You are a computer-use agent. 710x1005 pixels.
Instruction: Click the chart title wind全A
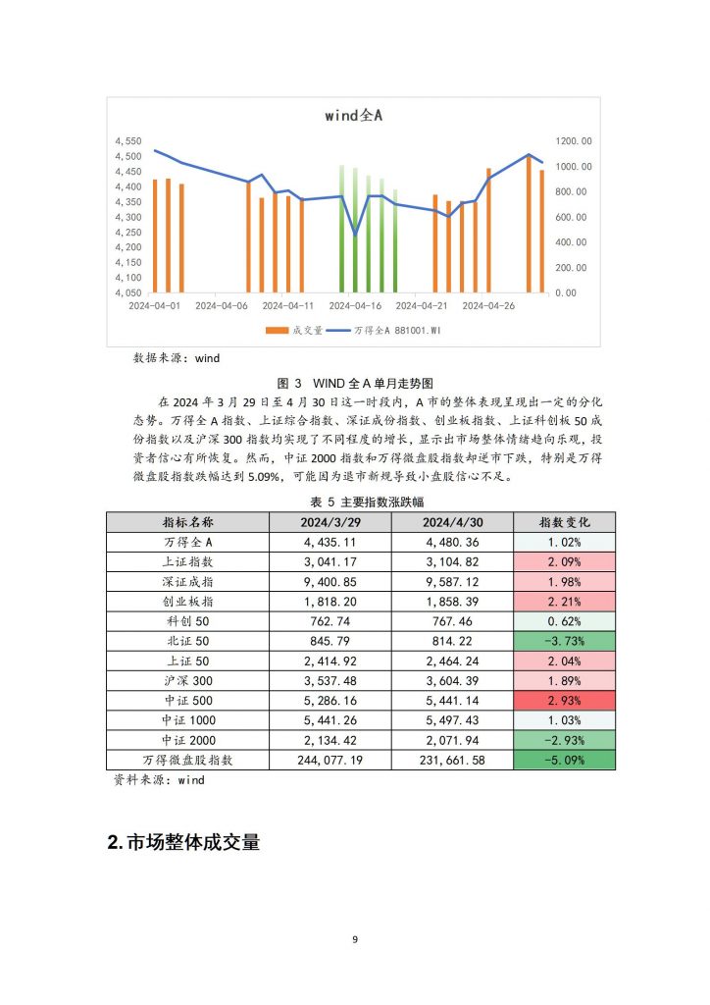(x=353, y=116)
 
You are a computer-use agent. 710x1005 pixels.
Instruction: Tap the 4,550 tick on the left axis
(x=128, y=141)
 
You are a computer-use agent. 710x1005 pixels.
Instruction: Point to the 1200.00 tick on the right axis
(x=574, y=141)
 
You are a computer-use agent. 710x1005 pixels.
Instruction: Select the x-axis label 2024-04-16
(x=355, y=306)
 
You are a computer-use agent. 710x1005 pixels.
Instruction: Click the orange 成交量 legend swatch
(x=278, y=330)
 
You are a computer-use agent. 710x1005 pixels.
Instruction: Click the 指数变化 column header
(x=564, y=522)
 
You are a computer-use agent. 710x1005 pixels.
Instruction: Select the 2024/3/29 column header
(x=330, y=522)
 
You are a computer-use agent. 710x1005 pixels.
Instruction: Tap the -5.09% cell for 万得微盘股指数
(x=564, y=761)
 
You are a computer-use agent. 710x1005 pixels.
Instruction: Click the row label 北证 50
(x=188, y=641)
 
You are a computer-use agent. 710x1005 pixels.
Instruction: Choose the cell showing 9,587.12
(x=453, y=582)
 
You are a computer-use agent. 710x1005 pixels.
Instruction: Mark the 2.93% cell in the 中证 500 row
(x=564, y=701)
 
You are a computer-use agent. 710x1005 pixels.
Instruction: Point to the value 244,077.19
(x=330, y=761)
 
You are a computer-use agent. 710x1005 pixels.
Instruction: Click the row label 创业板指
(x=188, y=602)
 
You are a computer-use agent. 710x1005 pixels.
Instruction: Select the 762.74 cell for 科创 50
(x=330, y=621)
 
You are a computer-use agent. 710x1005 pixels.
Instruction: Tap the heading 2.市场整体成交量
(x=183, y=841)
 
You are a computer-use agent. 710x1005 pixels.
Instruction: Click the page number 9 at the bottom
(x=355, y=939)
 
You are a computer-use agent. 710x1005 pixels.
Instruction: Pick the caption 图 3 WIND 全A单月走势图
(x=355, y=384)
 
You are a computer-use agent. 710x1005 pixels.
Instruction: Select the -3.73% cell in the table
(x=564, y=641)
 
